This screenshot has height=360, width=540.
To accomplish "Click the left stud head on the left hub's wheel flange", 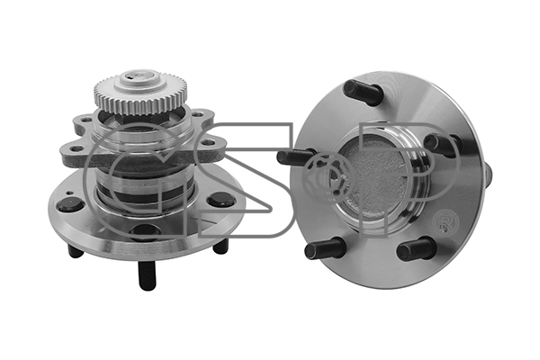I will coord(70,204).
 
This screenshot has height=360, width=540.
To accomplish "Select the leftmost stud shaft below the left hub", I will coord(76,249).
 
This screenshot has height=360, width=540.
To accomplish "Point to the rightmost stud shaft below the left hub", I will coord(220,245).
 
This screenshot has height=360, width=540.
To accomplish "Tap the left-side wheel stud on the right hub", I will coord(295,157).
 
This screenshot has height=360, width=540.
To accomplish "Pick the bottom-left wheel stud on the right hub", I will coord(324,247).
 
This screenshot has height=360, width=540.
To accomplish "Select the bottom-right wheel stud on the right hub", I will coord(416,248).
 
